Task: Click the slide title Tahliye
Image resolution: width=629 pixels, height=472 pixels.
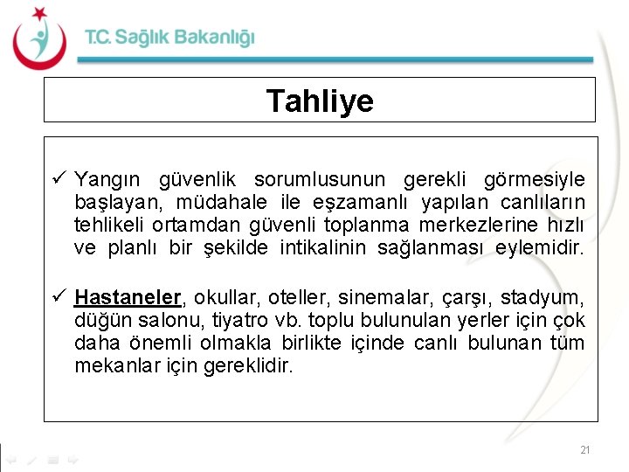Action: pos(320,101)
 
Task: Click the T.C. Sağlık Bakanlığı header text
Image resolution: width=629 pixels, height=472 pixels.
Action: pos(169,38)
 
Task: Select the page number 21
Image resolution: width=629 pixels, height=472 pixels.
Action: pos(584,450)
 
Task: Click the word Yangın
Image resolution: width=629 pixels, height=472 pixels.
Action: pos(106,181)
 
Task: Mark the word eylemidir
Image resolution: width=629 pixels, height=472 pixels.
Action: pos(538,248)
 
